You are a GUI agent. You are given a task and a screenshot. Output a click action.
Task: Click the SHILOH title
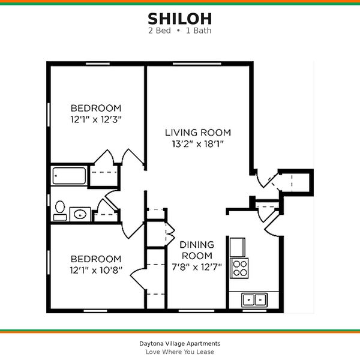pyautogui.click(x=180, y=19)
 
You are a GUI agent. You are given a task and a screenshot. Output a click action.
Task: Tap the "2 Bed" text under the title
pyautogui.click(x=160, y=31)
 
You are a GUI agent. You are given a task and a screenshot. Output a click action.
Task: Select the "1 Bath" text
pyautogui.click(x=199, y=31)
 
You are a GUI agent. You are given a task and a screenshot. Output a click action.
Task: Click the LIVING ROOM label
pyautogui.click(x=198, y=133)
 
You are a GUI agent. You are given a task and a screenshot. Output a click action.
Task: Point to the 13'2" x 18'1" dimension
pyautogui.click(x=198, y=144)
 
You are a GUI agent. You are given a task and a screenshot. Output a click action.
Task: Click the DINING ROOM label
pyautogui.click(x=197, y=250)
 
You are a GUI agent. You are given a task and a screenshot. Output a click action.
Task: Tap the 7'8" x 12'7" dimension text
pyautogui.click(x=197, y=267)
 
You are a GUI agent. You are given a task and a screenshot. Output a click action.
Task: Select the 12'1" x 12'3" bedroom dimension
pyautogui.click(x=96, y=119)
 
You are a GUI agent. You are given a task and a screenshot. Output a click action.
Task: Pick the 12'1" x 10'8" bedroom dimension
pyautogui.click(x=96, y=270)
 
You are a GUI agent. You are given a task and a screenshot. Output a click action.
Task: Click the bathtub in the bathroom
pyautogui.click(x=69, y=176)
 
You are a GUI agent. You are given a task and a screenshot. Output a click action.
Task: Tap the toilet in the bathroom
pyautogui.click(x=60, y=211)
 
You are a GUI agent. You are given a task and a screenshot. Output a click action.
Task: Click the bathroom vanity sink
pyautogui.click(x=80, y=214)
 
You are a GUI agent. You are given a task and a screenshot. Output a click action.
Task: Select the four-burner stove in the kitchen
pyautogui.click(x=239, y=268)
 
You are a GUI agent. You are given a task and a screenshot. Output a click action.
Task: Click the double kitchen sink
pyautogui.click(x=254, y=300)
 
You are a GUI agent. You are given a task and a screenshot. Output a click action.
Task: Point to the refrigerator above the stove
pyautogui.click(x=238, y=247)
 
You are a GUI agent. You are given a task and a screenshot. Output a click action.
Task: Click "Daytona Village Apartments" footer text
pyautogui.click(x=180, y=343)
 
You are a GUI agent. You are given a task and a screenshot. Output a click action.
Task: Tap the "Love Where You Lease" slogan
pyautogui.click(x=180, y=352)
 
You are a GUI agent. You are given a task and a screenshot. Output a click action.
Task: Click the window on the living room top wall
pyautogui.click(x=197, y=64)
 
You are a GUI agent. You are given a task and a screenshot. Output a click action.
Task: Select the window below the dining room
pyautogui.click(x=196, y=311)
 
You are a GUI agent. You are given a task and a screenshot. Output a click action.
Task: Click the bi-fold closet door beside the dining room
pyautogui.click(x=170, y=234)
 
